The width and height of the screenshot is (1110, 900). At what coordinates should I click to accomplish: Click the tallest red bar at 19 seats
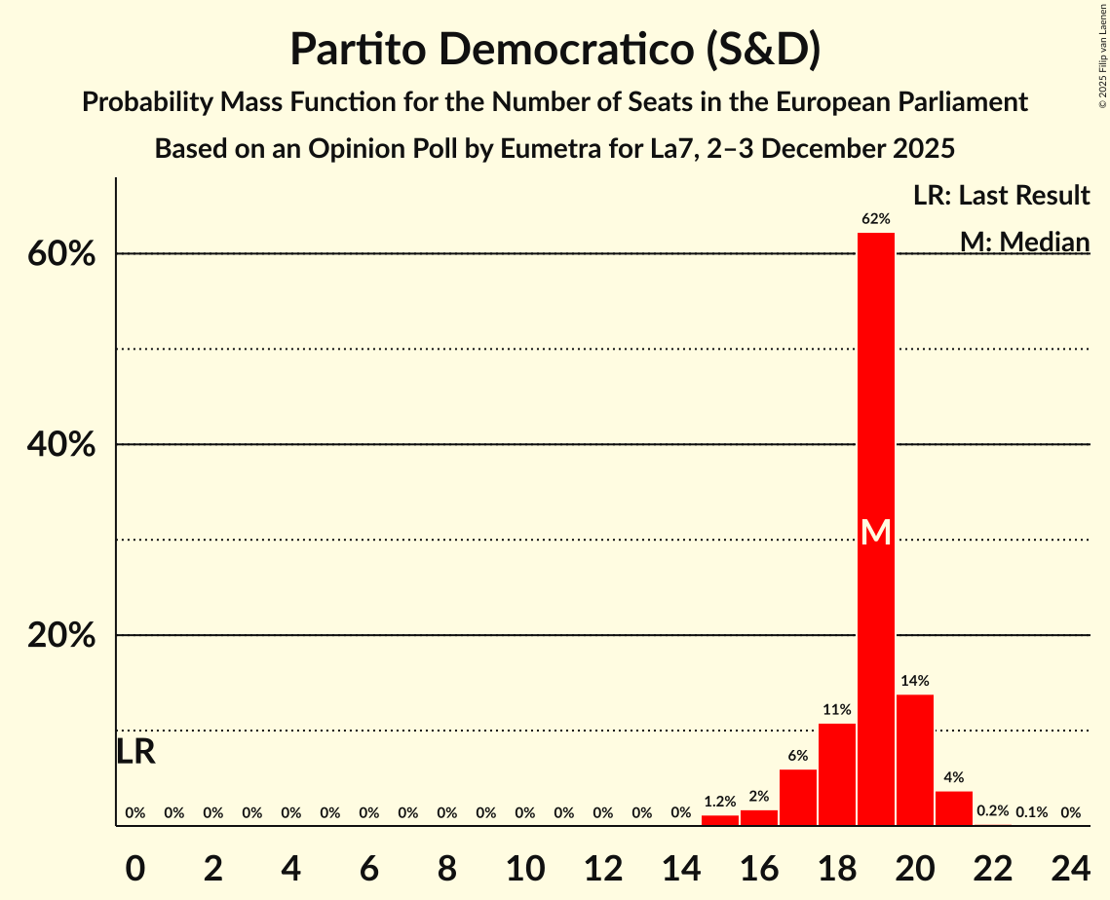click(876, 390)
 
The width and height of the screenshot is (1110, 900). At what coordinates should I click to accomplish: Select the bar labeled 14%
click(915, 760)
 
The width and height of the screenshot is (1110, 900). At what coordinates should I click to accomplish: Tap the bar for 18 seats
click(837, 774)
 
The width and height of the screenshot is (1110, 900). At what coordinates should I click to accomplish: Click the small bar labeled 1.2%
click(720, 820)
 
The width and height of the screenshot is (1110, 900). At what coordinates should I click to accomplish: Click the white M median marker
click(876, 532)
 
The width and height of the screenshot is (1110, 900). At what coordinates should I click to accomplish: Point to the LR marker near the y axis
click(135, 751)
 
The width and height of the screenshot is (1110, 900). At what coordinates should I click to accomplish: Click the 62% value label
click(876, 219)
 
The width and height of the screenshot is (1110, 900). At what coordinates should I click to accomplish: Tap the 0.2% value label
click(993, 811)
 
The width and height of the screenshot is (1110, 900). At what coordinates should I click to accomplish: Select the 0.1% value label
click(1032, 811)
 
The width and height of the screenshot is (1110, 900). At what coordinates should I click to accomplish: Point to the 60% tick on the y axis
click(66, 254)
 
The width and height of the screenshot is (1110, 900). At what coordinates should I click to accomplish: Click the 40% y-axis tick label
click(66, 445)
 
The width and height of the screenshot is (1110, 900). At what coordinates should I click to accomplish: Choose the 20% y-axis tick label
click(66, 636)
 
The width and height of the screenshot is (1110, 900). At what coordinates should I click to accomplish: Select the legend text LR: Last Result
click(1001, 195)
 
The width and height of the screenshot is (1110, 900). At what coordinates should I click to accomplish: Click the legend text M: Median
click(1024, 241)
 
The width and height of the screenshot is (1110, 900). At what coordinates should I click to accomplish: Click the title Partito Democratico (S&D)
click(555, 49)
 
